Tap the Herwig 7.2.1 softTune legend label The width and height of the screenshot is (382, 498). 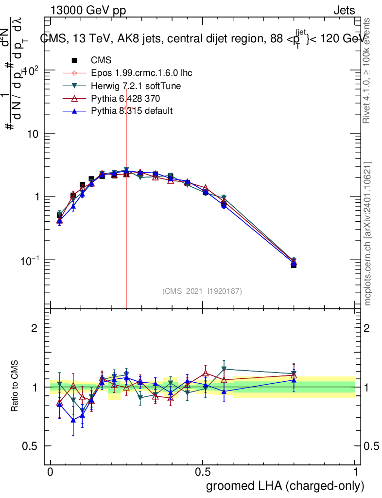[136, 86]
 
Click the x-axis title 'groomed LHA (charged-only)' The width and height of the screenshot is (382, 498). [285, 486]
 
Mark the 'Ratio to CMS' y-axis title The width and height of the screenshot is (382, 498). [15, 387]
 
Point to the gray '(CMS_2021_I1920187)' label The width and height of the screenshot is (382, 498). [202, 291]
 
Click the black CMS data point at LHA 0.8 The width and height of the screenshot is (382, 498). [294, 265]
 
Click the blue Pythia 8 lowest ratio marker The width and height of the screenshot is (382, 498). [73, 420]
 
